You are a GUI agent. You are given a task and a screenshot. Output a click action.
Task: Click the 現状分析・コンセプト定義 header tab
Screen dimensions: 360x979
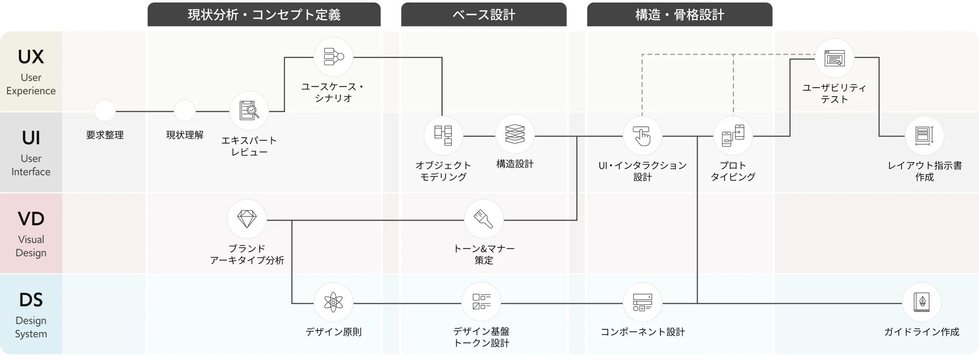tap(264, 15)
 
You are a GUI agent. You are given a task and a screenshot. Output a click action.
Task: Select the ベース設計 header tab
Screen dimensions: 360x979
tap(484, 15)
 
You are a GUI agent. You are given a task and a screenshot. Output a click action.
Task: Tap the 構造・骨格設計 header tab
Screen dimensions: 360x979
tap(679, 15)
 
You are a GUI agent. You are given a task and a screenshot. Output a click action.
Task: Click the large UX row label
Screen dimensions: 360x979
tap(31, 57)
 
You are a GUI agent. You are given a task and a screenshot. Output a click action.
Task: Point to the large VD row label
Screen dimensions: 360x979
tap(31, 219)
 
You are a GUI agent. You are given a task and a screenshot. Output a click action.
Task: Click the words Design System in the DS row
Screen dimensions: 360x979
tap(31, 327)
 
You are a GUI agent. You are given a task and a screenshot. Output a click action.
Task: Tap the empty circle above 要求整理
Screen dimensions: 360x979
tap(105, 111)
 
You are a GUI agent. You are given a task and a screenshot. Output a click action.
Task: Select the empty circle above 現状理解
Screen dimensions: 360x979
tap(185, 111)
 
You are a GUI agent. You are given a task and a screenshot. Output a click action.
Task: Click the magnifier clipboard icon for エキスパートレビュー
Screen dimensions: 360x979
tap(249, 111)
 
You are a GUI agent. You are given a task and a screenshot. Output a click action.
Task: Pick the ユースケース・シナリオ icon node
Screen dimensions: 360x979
tap(334, 57)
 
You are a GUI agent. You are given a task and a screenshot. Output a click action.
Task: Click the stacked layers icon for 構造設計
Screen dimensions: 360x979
tap(515, 134)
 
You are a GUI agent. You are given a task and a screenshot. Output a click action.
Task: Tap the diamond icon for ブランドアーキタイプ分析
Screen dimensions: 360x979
tap(247, 219)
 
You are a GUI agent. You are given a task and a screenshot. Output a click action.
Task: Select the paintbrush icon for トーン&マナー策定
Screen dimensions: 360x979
tap(484, 219)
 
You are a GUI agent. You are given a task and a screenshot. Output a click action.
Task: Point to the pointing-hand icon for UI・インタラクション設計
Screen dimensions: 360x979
tap(642, 136)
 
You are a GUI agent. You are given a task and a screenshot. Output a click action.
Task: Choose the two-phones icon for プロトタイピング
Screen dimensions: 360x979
tap(733, 136)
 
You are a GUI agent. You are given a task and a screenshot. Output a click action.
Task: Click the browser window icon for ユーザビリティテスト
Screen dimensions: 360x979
tap(834, 58)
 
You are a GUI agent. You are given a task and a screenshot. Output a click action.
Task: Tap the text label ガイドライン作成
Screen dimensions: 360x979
tap(921, 332)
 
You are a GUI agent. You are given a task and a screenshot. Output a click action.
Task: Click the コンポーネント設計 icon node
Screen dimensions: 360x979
tap(642, 302)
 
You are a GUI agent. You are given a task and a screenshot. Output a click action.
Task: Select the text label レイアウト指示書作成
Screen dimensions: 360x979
tap(924, 171)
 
